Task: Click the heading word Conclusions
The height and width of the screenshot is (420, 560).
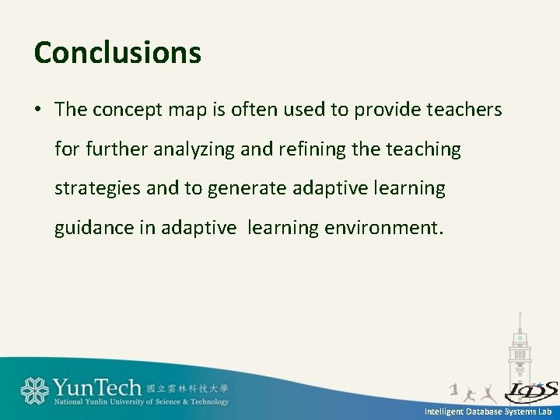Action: point(117,53)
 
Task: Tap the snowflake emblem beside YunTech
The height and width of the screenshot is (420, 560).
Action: point(34,390)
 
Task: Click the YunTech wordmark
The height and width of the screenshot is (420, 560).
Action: point(96,387)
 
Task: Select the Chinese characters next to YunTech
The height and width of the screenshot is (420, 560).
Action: point(187,388)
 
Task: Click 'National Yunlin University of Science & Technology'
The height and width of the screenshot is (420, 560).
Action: point(141,402)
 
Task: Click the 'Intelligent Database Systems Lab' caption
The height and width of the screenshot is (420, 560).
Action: point(488,411)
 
